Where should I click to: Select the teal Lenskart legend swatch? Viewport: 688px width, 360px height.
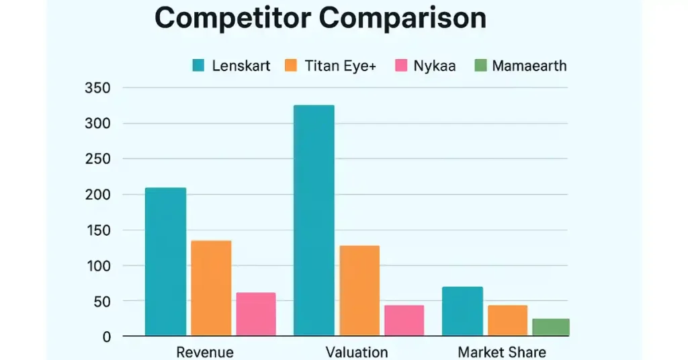[x=198, y=66]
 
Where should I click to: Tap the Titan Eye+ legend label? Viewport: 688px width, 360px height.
[x=341, y=66]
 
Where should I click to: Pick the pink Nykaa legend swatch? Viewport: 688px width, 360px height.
[x=402, y=66]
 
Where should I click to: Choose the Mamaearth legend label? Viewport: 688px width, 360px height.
[x=529, y=66]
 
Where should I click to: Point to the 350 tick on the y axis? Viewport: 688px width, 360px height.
[x=98, y=88]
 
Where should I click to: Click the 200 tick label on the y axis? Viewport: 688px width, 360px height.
[x=98, y=195]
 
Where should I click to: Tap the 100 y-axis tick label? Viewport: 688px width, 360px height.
[x=98, y=266]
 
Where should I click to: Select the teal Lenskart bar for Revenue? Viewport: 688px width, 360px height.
[x=165, y=261]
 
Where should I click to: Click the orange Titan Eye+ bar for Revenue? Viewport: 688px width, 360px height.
[x=211, y=287]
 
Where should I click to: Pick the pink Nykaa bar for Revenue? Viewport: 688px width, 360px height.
[x=256, y=314]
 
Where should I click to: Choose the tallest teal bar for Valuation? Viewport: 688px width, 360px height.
[x=314, y=220]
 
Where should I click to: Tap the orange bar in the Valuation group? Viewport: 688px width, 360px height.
[x=359, y=290]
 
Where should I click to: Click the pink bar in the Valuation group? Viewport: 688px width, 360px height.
[x=404, y=320]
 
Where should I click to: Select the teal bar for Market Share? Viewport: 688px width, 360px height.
[x=462, y=310]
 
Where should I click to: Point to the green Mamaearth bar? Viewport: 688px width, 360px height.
[x=551, y=326]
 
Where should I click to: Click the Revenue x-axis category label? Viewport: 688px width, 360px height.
[x=205, y=352]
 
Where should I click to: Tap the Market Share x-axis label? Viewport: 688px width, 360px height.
[x=502, y=352]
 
